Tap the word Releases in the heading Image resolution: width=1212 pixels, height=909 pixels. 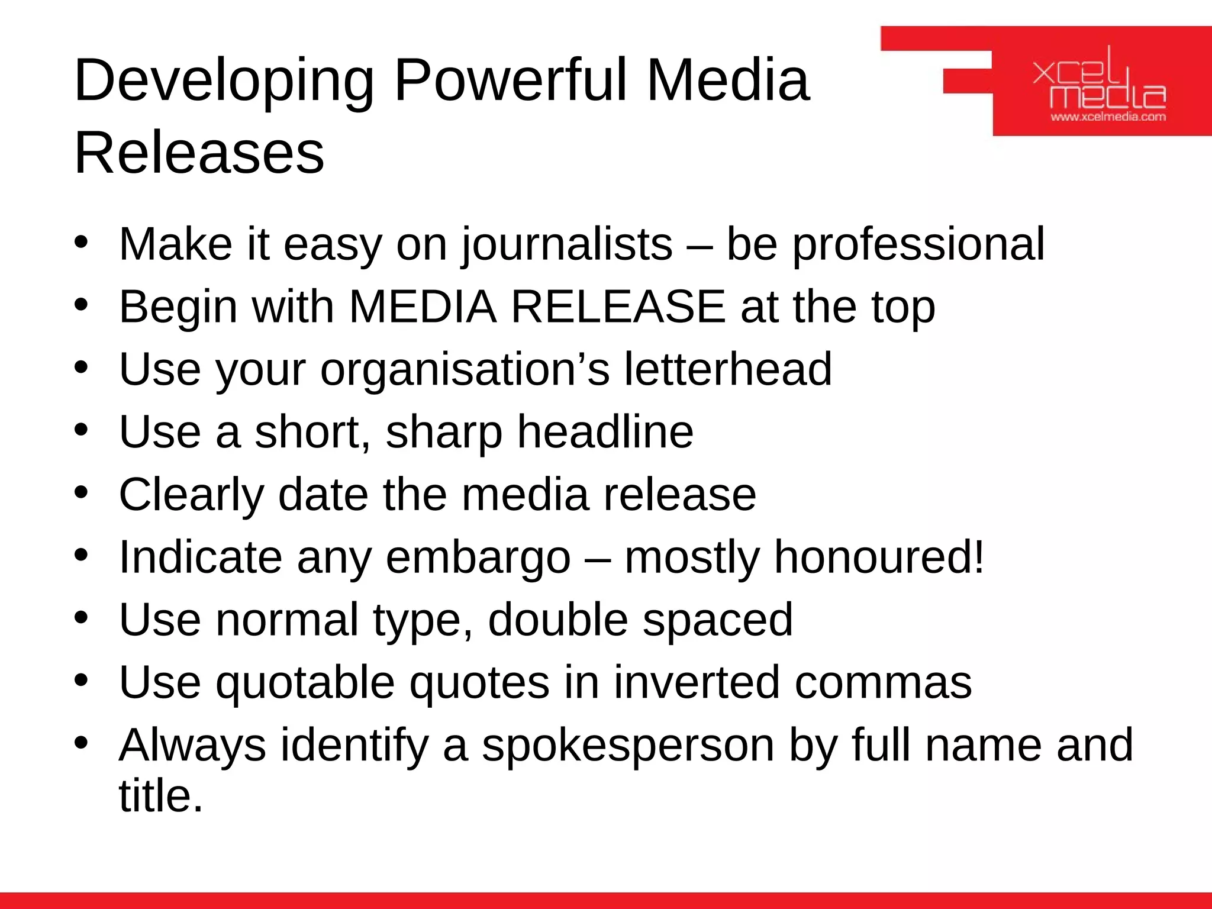coord(199,153)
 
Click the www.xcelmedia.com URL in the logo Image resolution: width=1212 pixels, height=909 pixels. coord(1108,117)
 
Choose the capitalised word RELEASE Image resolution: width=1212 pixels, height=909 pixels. coord(618,307)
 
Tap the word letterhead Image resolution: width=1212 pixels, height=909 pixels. coord(728,369)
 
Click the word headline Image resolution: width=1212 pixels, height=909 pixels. coord(605,432)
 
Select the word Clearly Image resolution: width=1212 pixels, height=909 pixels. coord(191,495)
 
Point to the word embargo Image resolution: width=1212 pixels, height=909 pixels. coord(478,557)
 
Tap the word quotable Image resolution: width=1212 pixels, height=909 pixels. coord(305,682)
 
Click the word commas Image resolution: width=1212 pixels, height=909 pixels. coord(883,682)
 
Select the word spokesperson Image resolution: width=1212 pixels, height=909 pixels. coord(628,745)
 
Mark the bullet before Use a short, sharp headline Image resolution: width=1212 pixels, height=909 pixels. coord(82,429)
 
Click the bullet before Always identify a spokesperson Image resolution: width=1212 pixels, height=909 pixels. coord(82,742)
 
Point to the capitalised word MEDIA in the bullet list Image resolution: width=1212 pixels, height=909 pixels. coord(423,307)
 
